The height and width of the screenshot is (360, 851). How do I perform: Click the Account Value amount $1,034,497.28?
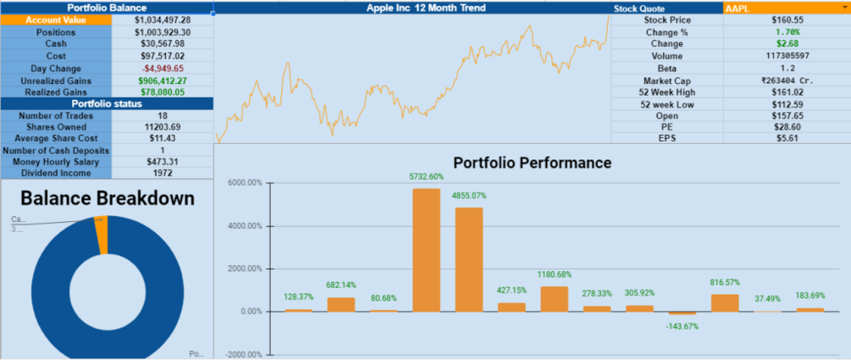pyautogui.click(x=162, y=19)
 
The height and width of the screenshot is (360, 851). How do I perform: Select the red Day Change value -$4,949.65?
pyautogui.click(x=162, y=69)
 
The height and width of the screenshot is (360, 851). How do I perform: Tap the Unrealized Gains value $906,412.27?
pyautogui.click(x=162, y=80)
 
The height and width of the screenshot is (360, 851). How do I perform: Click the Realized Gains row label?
pyautogui.click(x=56, y=92)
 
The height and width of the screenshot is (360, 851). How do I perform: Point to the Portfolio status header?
pyautogui.click(x=106, y=104)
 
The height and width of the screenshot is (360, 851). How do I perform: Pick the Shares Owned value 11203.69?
pyautogui.click(x=162, y=126)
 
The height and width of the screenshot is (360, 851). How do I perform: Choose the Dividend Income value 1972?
pyautogui.click(x=162, y=173)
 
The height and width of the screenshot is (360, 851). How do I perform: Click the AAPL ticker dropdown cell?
pyautogui.click(x=786, y=8)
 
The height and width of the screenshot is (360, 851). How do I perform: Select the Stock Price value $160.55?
pyautogui.click(x=786, y=19)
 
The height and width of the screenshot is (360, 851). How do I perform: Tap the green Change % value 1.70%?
pyautogui.click(x=786, y=31)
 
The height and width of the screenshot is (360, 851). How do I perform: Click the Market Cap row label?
pyautogui.click(x=667, y=80)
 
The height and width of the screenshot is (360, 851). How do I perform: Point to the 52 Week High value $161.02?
pyautogui.click(x=786, y=92)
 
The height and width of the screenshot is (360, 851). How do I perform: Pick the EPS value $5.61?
pyautogui.click(x=786, y=138)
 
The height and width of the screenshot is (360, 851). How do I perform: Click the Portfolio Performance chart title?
pyautogui.click(x=532, y=162)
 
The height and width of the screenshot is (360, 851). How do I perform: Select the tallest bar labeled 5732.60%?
pyautogui.click(x=426, y=250)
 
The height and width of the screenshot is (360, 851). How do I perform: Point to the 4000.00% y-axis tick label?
pyautogui.click(x=245, y=226)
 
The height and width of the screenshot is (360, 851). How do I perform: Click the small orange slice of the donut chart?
pyautogui.click(x=102, y=235)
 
